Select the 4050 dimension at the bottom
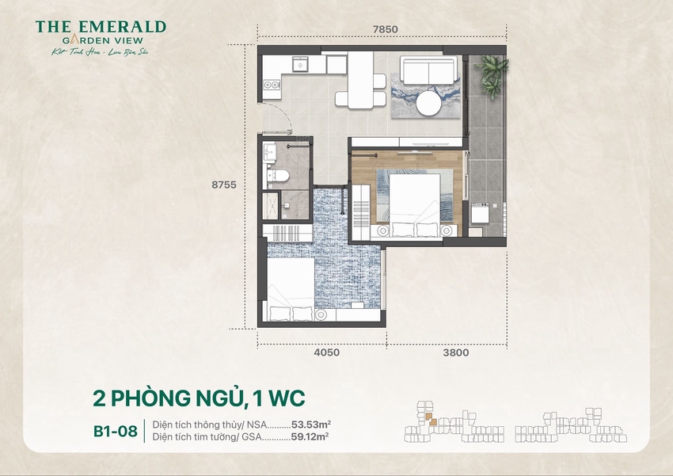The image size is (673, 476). pyautogui.click(x=325, y=353)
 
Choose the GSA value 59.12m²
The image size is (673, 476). pyautogui.click(x=310, y=436)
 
